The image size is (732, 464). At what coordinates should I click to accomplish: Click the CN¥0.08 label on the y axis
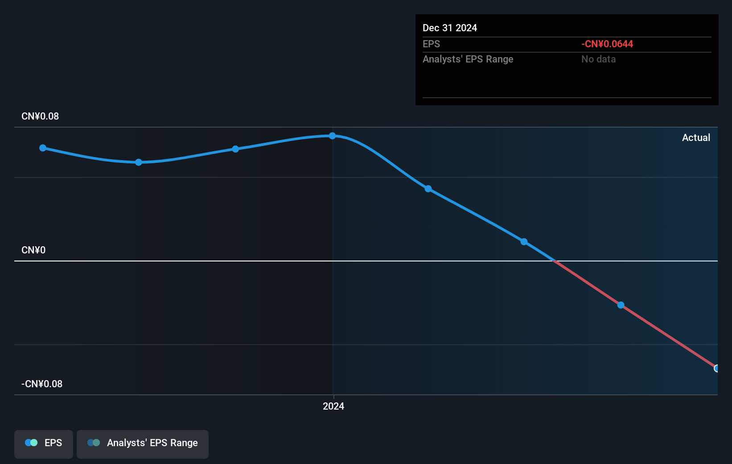coord(40,116)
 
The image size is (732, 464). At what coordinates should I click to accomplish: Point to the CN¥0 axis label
coord(33,250)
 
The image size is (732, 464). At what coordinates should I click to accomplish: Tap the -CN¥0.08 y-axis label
coord(42,384)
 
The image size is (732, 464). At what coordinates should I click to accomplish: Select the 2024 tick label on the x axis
coord(333,406)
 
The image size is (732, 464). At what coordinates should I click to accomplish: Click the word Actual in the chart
coord(696,138)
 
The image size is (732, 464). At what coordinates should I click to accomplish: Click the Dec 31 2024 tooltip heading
coord(450,28)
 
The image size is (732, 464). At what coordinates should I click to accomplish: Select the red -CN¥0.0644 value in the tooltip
coord(607,44)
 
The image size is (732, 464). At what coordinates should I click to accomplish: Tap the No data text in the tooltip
coord(598,59)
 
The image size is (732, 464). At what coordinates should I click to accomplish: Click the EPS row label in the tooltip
coord(431,44)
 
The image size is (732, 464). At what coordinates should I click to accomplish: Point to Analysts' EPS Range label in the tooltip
coord(468,59)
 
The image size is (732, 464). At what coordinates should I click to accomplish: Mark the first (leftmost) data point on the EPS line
coord(43,148)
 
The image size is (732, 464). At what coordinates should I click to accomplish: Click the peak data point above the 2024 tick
coord(332,136)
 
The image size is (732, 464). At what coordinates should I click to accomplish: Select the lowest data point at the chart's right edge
coord(716,369)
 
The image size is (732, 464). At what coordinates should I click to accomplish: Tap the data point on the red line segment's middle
coord(621,305)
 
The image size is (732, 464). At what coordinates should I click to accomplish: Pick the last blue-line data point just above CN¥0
coord(524,242)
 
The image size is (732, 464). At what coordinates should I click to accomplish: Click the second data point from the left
coord(139,162)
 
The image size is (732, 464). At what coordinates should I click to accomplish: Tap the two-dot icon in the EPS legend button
coord(31,443)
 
